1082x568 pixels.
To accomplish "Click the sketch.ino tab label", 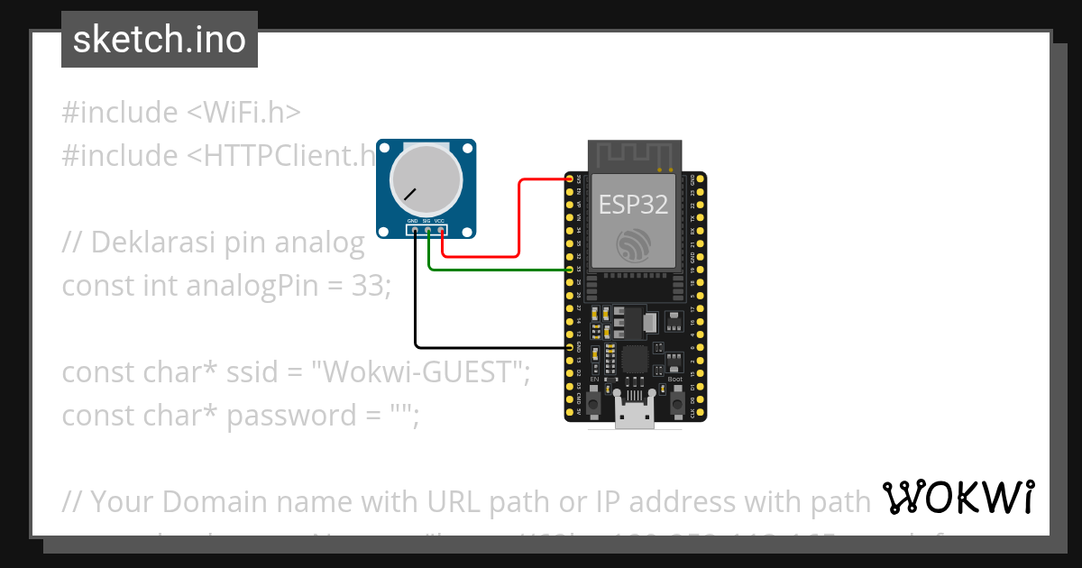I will pyautogui.click(x=159, y=40).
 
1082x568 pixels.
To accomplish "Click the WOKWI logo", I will pyautogui.click(x=958, y=497).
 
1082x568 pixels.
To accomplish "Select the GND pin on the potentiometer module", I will pyautogui.click(x=415, y=230).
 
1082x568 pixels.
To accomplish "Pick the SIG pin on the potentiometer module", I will pyautogui.click(x=428, y=230).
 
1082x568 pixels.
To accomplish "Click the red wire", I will pyautogui.click(x=520, y=216).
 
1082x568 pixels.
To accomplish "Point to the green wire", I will pyautogui.click(x=496, y=270).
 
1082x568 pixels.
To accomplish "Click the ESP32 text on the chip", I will pyautogui.click(x=634, y=205).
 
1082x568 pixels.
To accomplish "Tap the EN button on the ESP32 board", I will pyautogui.click(x=594, y=402).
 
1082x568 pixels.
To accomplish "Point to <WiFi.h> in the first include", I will pyautogui.click(x=243, y=113).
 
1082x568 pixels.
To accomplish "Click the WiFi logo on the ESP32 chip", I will pyautogui.click(x=634, y=245).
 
